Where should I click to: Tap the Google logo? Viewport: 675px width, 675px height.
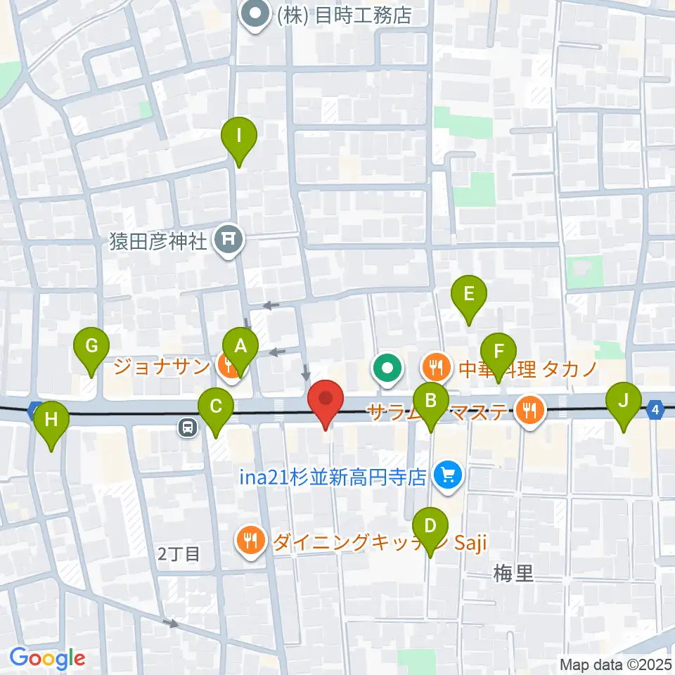tap(48, 658)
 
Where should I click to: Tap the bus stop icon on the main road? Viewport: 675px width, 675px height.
tap(188, 426)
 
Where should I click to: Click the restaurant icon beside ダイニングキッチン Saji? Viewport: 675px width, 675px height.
tap(251, 541)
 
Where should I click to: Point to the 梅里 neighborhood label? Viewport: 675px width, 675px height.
tap(514, 574)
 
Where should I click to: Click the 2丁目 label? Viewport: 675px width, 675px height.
tap(179, 553)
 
